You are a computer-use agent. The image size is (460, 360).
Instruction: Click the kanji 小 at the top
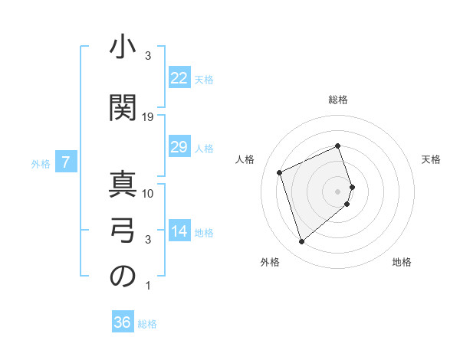122,47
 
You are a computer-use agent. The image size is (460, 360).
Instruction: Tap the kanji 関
122,105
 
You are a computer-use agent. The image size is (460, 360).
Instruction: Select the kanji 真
122,185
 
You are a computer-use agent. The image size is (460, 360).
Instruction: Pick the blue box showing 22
179,78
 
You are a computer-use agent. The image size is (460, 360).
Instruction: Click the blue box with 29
179,147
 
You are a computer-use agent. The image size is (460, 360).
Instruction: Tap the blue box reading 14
179,231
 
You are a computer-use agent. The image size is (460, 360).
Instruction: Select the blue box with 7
67,162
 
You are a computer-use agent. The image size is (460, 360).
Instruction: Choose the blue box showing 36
123,322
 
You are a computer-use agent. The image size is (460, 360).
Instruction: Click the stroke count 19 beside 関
149,117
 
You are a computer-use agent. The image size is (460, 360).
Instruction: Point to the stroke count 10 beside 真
149,193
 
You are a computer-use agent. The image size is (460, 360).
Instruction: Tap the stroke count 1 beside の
148,286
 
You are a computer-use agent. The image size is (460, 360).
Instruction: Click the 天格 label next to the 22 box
203,79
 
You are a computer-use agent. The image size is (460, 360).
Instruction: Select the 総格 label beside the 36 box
147,324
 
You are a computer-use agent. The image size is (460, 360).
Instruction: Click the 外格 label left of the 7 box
40,163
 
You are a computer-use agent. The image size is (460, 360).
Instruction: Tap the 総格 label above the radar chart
338,100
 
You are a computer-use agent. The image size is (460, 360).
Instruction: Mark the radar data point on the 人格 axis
280,172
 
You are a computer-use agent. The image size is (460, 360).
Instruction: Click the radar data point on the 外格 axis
301,242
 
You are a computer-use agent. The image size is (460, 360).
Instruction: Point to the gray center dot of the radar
338,191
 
